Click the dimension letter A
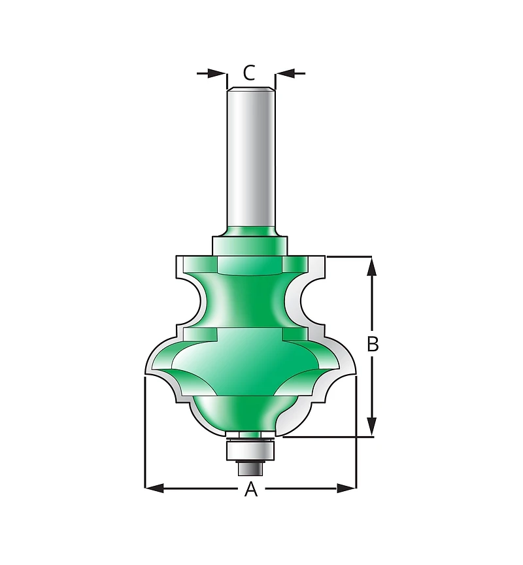[251, 488]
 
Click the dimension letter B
[373, 344]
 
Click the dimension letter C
[249, 73]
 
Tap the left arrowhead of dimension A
[154, 488]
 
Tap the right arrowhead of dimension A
[346, 488]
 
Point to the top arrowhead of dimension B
[372, 266]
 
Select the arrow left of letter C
[212, 73]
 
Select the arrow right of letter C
[290, 73]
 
